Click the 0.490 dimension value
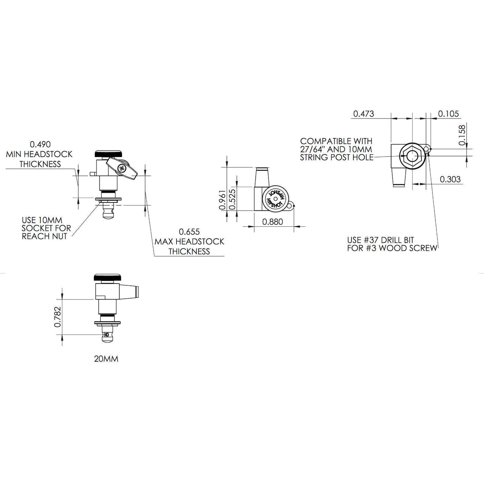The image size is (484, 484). pyautogui.click(x=40, y=144)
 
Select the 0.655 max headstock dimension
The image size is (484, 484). pyautogui.click(x=189, y=231)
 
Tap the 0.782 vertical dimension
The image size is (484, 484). pyautogui.click(x=58, y=317)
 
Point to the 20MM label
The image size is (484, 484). pyautogui.click(x=106, y=359)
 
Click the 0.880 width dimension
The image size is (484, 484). pyautogui.click(x=273, y=222)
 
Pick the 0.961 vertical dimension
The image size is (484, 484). pyautogui.click(x=222, y=200)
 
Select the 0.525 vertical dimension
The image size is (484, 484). pyautogui.click(x=232, y=199)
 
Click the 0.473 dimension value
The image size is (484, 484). pyautogui.click(x=363, y=114)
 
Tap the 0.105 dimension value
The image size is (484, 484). pyautogui.click(x=448, y=114)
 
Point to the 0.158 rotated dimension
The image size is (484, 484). pyautogui.click(x=462, y=135)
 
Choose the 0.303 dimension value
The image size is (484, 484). pyautogui.click(x=451, y=179)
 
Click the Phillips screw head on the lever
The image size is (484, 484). pyautogui.click(x=122, y=168)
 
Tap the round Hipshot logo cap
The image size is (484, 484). pyautogui.click(x=276, y=199)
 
